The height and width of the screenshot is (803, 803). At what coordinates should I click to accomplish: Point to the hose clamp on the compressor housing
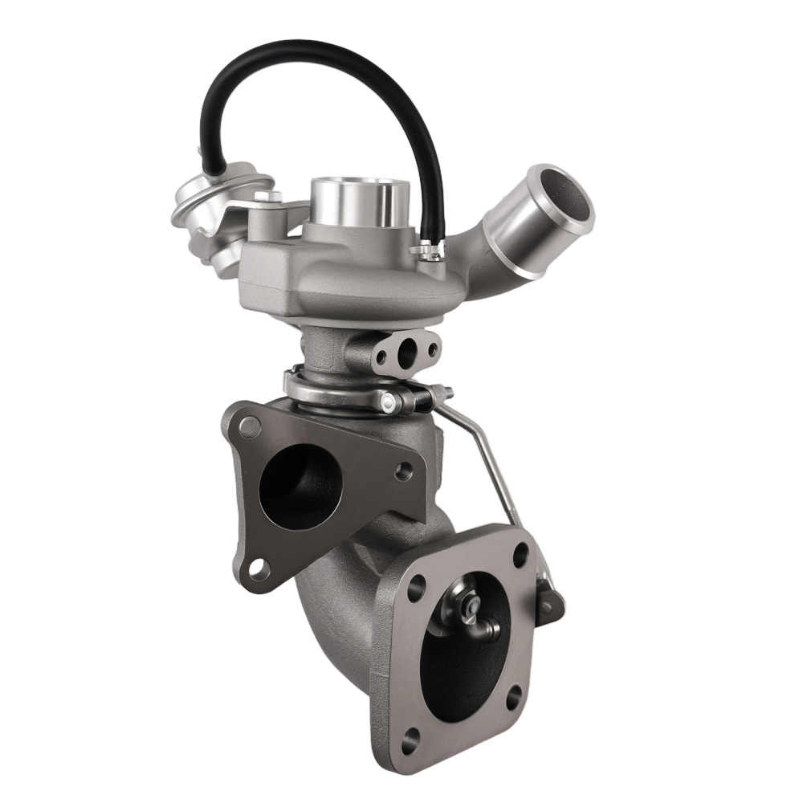point(429,254)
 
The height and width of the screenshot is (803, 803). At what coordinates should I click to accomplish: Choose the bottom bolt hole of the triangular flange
point(257,569)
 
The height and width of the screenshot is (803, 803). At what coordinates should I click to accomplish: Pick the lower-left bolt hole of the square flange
point(413,736)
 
